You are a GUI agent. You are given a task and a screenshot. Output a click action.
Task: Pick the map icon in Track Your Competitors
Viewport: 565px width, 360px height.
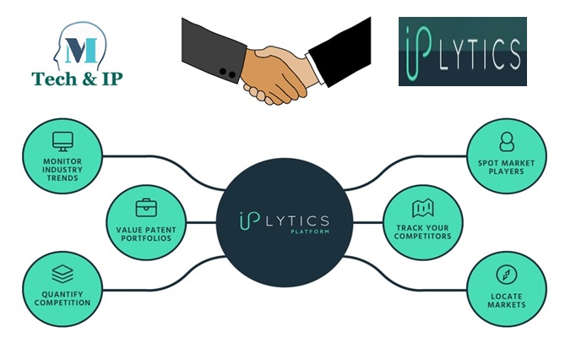pyautogui.click(x=422, y=208)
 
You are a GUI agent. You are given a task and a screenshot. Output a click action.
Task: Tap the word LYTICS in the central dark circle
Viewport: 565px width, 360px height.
pyautogui.click(x=295, y=216)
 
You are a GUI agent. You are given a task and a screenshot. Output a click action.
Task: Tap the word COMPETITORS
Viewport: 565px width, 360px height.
pyautogui.click(x=422, y=236)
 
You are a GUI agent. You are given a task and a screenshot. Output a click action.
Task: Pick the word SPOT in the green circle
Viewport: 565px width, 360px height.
pyautogui.click(x=488, y=162)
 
